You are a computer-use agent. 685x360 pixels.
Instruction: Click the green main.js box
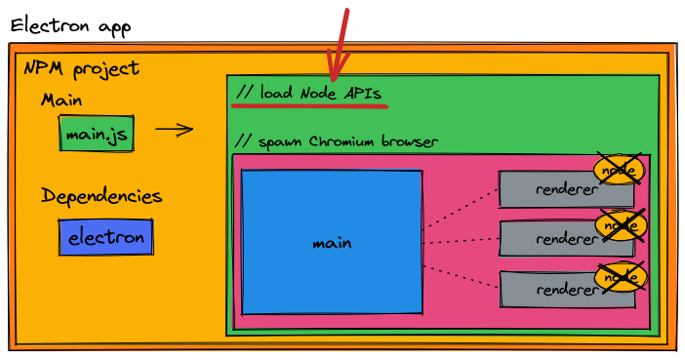click(97, 135)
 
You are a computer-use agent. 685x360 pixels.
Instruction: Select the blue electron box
click(105, 237)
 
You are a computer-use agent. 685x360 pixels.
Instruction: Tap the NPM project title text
click(82, 69)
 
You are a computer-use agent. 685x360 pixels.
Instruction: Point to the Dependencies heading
click(101, 196)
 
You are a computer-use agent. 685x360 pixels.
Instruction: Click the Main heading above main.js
click(61, 100)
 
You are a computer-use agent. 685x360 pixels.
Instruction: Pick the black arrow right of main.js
click(174, 129)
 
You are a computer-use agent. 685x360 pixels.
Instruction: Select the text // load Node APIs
click(308, 93)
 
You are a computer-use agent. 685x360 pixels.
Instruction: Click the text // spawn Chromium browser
click(337, 141)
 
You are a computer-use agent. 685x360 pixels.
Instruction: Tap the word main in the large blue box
click(332, 243)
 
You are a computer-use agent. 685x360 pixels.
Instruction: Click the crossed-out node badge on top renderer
click(620, 170)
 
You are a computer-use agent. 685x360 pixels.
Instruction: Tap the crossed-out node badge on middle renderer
click(622, 224)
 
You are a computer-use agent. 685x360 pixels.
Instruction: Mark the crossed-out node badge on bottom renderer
click(621, 277)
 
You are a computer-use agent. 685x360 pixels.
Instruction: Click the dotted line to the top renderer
click(461, 206)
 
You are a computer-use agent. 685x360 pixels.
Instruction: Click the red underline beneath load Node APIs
click(309, 103)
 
